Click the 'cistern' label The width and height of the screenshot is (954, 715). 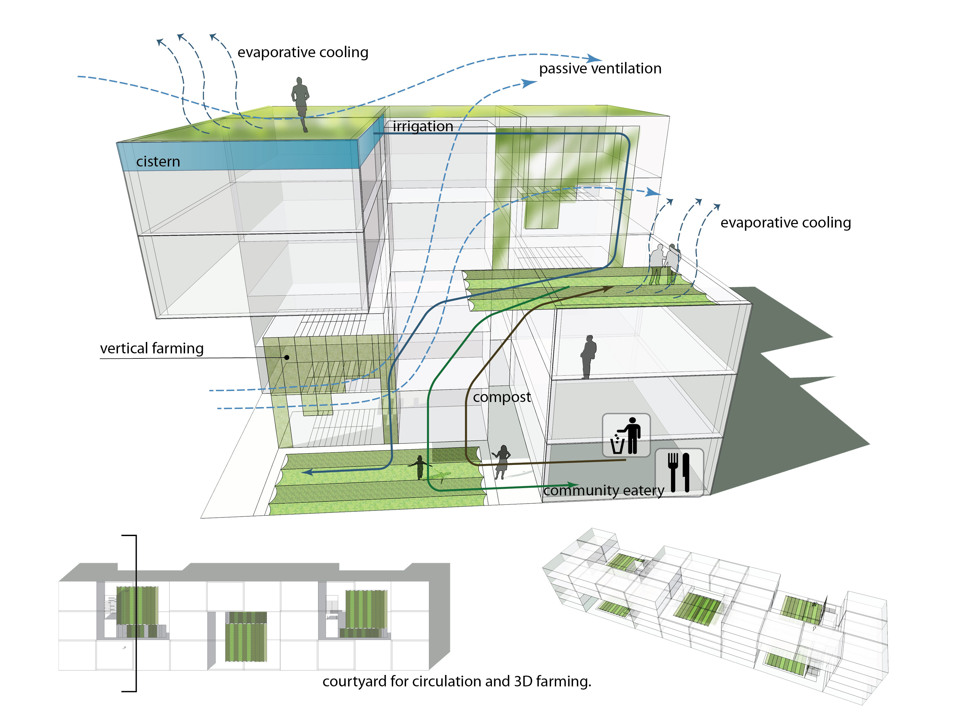pos(158,162)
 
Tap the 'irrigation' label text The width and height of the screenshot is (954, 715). pos(423,126)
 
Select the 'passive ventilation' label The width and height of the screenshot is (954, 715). pos(600,69)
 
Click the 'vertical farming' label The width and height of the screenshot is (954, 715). pos(152,348)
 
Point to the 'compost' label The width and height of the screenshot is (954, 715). pos(501,397)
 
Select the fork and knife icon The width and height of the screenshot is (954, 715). pos(679,472)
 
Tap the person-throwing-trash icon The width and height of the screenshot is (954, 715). pos(626,435)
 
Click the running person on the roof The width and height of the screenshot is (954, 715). pos(301,103)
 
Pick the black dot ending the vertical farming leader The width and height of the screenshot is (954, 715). pos(287,357)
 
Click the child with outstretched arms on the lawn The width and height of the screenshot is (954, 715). pos(420,467)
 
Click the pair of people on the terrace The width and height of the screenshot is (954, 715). pos(665,264)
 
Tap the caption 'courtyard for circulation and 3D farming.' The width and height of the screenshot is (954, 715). pos(457,681)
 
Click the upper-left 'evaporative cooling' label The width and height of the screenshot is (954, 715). pos(303,52)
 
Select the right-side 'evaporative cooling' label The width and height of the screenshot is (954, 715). pos(785,222)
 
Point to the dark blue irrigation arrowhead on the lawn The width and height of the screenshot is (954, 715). pos(307,472)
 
